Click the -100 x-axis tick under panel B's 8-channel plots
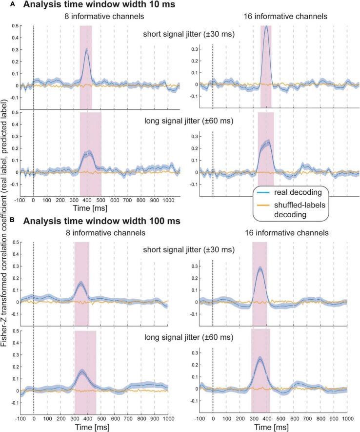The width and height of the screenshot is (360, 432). [x=20, y=418]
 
